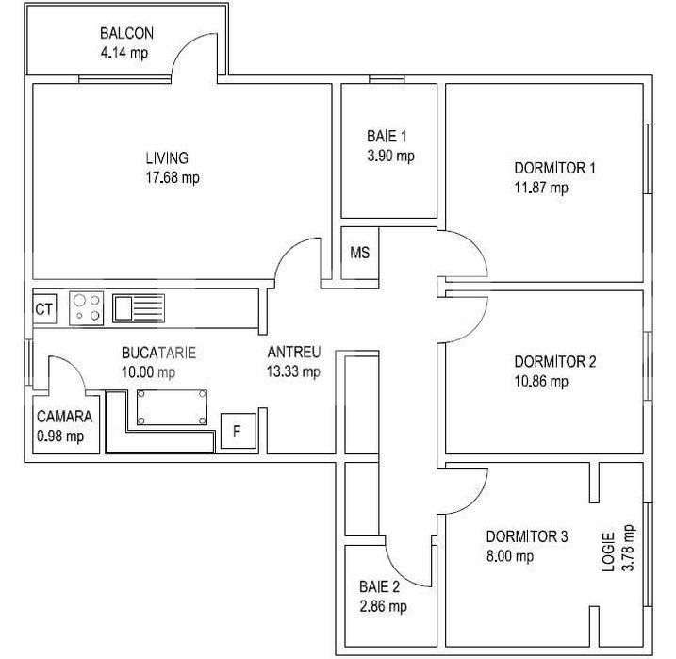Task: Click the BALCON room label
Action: [x=126, y=34]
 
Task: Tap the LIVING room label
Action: [x=166, y=157]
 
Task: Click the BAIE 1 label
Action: [x=387, y=136]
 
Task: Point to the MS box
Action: [x=359, y=253]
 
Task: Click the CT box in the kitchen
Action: [x=43, y=308]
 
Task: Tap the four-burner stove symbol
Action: [x=87, y=308]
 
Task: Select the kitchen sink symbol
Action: [x=138, y=308]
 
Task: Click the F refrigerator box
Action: [x=238, y=432]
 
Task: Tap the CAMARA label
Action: [x=64, y=417]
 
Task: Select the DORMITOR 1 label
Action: [x=554, y=169]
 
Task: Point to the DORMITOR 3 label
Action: [x=527, y=536]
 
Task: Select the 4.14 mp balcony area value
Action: [x=124, y=53]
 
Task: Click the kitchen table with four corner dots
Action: [x=172, y=404]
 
